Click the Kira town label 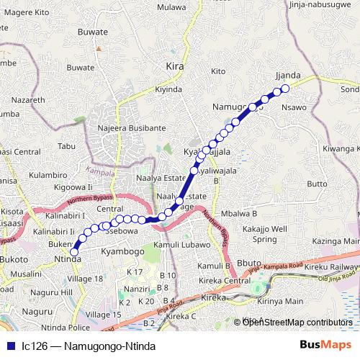click(175, 66)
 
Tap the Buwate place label click(93, 32)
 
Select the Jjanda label click(287, 75)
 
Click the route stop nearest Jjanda click(284, 89)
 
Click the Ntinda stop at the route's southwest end click(74, 251)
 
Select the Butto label click(318, 184)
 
